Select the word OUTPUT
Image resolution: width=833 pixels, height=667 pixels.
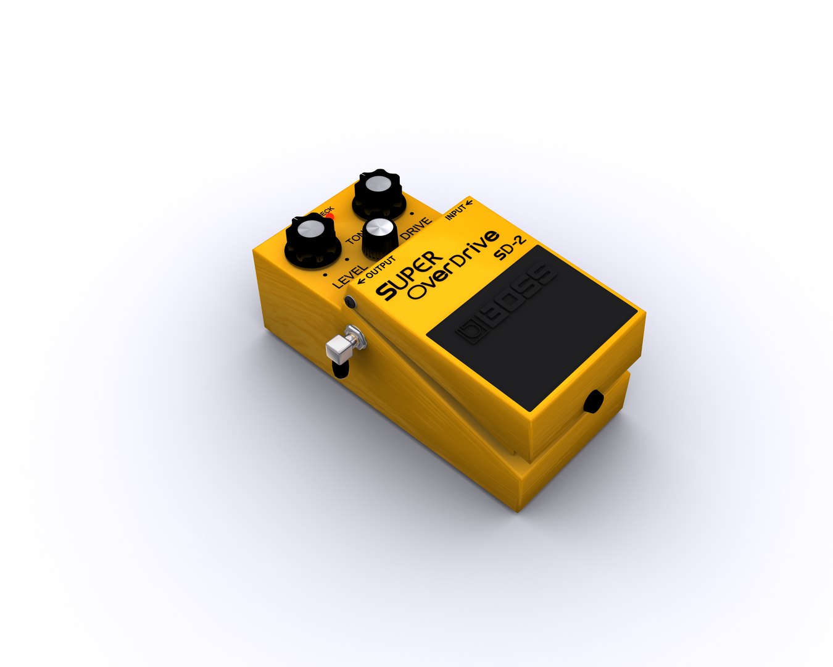pyautogui.click(x=381, y=266)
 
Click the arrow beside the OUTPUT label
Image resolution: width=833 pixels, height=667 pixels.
pyautogui.click(x=362, y=281)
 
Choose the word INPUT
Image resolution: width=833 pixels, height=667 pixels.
pyautogui.click(x=455, y=212)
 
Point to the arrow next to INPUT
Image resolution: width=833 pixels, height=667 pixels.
pyautogui.click(x=470, y=202)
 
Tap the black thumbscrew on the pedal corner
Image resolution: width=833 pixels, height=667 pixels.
pyautogui.click(x=350, y=303)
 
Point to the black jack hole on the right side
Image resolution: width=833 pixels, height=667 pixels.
pyautogui.click(x=594, y=401)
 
